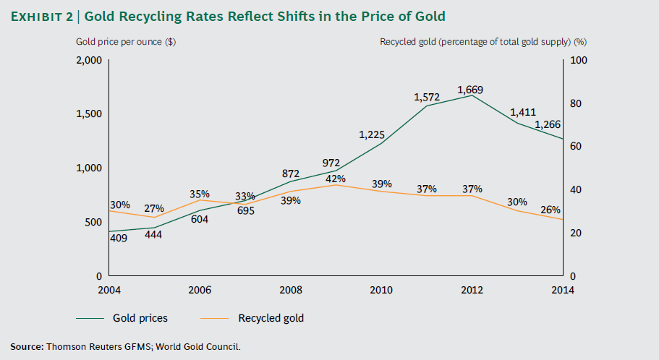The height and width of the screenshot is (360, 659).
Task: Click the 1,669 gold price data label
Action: click(470, 90)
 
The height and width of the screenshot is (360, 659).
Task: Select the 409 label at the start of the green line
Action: click(119, 237)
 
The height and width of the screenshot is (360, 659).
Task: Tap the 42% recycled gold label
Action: click(336, 179)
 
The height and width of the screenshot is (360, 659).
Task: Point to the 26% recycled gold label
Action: click(550, 210)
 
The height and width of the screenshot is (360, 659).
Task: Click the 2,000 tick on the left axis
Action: click(89, 60)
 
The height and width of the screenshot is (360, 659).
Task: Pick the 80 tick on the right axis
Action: click(575, 103)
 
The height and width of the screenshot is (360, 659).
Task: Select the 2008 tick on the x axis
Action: click(290, 291)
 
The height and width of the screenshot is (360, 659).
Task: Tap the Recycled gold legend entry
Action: click(271, 318)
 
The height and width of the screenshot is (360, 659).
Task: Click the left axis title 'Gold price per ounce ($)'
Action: click(126, 41)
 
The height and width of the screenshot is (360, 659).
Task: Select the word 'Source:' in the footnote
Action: click(27, 347)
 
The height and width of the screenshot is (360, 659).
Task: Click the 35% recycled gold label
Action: click(200, 194)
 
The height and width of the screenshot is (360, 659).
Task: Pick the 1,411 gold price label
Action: click(524, 112)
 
